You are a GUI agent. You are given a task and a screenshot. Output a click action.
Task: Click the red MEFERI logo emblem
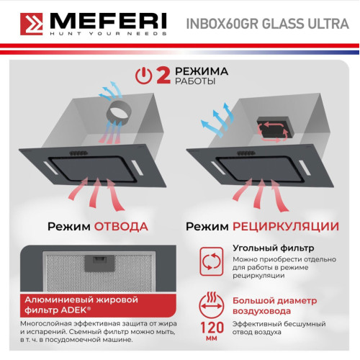pos(32,24)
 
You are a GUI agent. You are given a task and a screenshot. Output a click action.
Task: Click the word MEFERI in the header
pos(108,21)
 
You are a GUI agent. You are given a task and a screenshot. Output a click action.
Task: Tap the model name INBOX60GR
pos(222,24)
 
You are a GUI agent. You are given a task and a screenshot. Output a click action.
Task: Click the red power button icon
pos(143,76)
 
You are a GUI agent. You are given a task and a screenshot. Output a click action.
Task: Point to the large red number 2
pos(163,76)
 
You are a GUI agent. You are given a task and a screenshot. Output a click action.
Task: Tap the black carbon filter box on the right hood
pos(276,128)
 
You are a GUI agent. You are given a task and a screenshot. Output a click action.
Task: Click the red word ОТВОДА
pos(121,227)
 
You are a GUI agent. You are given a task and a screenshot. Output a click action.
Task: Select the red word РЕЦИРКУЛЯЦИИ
pos(286,227)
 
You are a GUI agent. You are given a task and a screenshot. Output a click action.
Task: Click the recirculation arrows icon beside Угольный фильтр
pos(212,261)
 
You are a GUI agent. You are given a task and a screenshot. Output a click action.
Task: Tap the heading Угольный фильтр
pos(274,248)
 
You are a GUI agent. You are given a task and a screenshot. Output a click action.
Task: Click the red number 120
pos(212,328)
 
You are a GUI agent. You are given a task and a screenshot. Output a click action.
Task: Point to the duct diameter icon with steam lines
pos(212,305)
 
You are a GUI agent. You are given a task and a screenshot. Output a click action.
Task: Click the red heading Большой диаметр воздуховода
pos(275,306)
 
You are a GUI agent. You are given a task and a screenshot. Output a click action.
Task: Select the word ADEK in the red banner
pos(73,310)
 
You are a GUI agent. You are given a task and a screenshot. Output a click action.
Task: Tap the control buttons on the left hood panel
pos(78,153)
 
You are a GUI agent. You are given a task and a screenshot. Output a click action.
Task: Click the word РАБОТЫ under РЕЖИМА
pos(195,81)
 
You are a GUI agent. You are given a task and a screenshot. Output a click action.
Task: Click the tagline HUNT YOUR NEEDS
pos(108,33)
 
